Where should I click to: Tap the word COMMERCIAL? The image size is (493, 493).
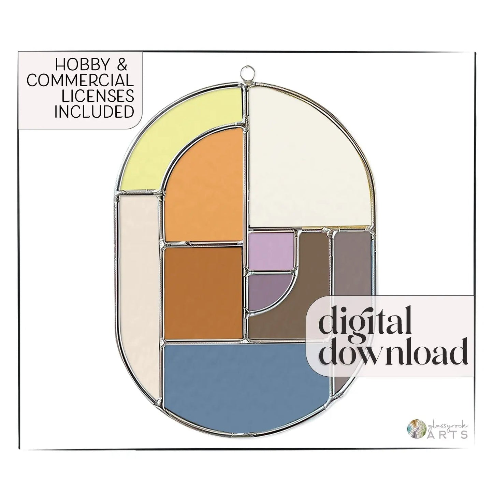pos(81,81)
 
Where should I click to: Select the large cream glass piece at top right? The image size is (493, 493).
pos(307,154)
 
